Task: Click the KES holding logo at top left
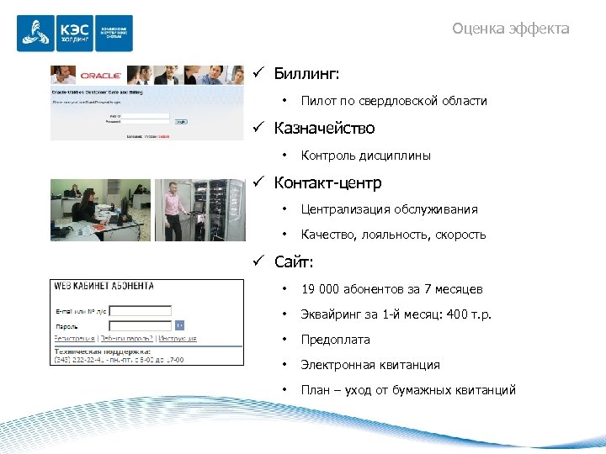[75, 34]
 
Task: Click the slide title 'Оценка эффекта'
[510, 29]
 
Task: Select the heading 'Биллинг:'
[306, 73]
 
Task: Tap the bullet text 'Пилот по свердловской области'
[393, 101]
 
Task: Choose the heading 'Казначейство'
[324, 128]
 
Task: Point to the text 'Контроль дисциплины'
[365, 156]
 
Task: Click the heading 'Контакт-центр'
[327, 182]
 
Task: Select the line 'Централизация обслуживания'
[389, 209]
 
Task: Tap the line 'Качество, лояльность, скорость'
[393, 235]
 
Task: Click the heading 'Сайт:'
[294, 261]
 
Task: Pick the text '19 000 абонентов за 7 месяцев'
[391, 289]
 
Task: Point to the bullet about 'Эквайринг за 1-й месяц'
[396, 314]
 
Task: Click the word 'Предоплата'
[335, 340]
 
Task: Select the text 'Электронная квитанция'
[370, 365]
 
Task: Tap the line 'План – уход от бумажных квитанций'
[407, 390]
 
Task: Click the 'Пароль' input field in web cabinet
[141, 325]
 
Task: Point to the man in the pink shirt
[172, 210]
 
